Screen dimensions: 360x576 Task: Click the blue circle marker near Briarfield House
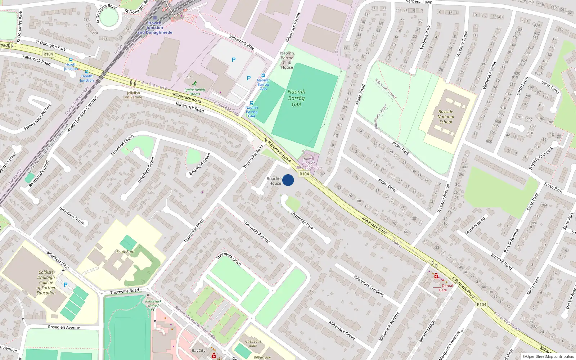[x=288, y=180]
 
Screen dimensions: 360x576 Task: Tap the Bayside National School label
[x=446, y=117]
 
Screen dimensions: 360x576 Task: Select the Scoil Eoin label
[x=125, y=252]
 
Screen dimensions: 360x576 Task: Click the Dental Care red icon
[x=436, y=276]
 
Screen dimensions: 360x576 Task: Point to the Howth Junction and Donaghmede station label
[x=155, y=28]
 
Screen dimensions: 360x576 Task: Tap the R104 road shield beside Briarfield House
[x=304, y=174]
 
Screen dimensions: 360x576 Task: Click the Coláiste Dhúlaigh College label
[x=46, y=283]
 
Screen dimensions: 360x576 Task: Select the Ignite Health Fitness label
[x=195, y=92]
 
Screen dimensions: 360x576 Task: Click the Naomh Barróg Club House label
[x=287, y=60]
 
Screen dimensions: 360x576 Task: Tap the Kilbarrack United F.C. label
[x=153, y=305]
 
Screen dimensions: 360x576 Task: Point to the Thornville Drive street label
[x=229, y=259]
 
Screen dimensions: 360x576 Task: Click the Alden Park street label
[x=401, y=148]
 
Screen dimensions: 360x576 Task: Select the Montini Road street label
[x=475, y=226]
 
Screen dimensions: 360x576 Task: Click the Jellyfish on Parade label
[x=134, y=95]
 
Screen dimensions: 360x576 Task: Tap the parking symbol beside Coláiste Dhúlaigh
[x=66, y=285]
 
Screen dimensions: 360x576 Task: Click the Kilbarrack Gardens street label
[x=369, y=286]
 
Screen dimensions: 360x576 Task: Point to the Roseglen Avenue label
[x=64, y=327]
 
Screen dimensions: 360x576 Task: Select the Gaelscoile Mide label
[x=253, y=343]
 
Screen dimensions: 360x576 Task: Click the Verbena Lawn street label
[x=419, y=2]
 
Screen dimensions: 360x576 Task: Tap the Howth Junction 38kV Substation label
[x=309, y=163]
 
